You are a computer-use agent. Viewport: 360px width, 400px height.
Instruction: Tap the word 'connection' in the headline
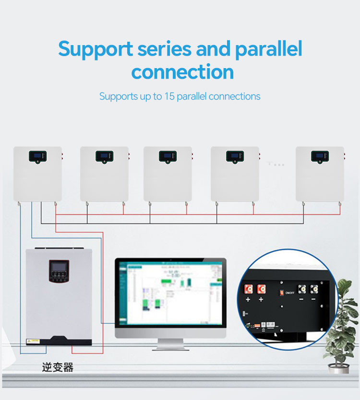(182, 72)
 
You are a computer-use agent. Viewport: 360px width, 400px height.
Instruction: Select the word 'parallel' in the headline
(269, 49)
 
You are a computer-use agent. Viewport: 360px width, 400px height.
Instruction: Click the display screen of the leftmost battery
(37, 156)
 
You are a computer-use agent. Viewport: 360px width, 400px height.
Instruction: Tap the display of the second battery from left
(104, 156)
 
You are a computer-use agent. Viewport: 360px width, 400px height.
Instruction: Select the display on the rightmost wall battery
(320, 156)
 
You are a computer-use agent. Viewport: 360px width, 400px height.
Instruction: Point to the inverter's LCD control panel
(59, 271)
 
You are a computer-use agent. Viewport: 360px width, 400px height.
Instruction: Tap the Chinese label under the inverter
(58, 367)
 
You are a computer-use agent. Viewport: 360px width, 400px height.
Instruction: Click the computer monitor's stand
(171, 344)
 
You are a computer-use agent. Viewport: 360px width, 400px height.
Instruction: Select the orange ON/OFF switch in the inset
(281, 291)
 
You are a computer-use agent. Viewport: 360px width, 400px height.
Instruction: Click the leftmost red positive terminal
(249, 289)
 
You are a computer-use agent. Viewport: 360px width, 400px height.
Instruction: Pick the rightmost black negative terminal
(314, 289)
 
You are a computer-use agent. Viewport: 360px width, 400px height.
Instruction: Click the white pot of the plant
(338, 368)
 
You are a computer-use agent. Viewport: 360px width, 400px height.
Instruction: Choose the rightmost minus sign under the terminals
(314, 300)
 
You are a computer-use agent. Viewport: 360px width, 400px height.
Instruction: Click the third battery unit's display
(168, 156)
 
